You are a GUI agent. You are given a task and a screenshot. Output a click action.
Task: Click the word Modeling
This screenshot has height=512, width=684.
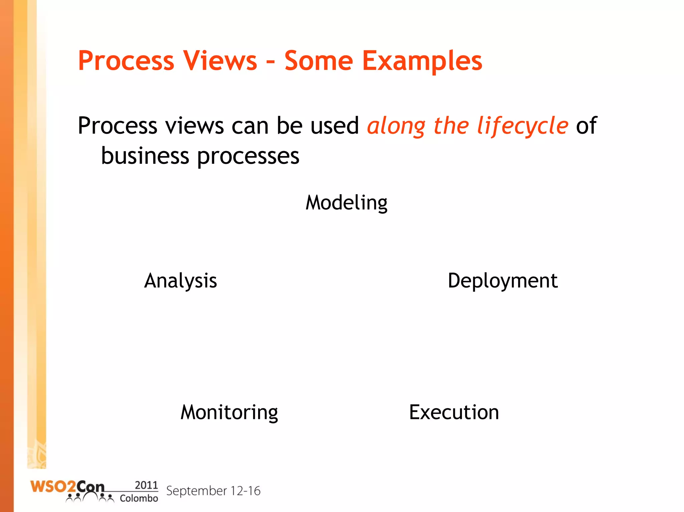[x=346, y=203]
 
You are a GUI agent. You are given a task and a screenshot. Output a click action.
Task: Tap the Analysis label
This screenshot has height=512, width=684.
[x=180, y=281]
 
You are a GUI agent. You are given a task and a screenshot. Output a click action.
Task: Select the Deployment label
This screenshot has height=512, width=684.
[x=502, y=281]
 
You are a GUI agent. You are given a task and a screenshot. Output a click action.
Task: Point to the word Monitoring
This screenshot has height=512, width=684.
[x=229, y=413]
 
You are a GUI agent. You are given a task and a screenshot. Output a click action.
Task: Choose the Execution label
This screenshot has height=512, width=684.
[x=454, y=413]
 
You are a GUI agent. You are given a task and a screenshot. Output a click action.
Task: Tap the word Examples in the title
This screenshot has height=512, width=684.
[x=422, y=61]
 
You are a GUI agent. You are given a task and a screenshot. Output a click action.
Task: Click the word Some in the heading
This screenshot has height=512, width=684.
[x=319, y=61]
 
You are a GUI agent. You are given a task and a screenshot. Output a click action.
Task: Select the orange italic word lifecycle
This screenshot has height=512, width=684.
[x=522, y=126]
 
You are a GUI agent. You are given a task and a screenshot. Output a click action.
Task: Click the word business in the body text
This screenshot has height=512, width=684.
[x=145, y=156]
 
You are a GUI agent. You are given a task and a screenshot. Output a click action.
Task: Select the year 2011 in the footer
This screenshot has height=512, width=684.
[x=146, y=485]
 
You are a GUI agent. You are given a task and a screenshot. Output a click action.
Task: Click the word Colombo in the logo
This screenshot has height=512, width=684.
[x=139, y=498]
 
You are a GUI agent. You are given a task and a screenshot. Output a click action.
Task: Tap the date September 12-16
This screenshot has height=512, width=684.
[x=213, y=491]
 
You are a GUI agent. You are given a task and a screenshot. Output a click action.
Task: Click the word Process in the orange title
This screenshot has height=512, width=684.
[x=126, y=61]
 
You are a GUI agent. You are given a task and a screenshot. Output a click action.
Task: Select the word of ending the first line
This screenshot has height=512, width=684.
[x=586, y=126]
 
